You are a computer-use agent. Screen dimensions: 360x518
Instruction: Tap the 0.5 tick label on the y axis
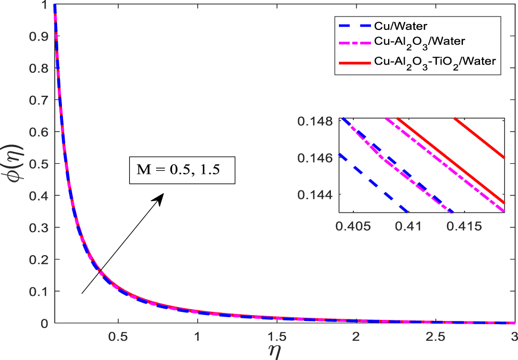[x=39, y=164]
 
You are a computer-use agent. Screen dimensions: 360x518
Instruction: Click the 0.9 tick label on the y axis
[x=39, y=36]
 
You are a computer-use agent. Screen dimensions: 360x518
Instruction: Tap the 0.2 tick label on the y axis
[x=39, y=260]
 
